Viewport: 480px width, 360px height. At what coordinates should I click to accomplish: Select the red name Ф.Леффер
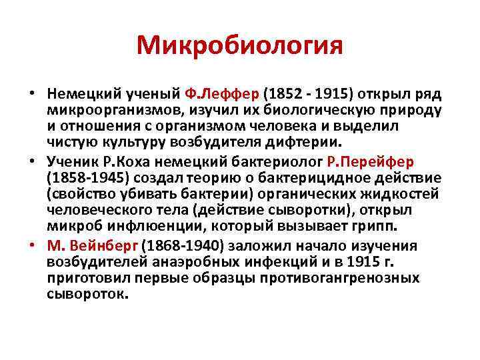229,92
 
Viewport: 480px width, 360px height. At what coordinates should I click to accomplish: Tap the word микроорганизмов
117,109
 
